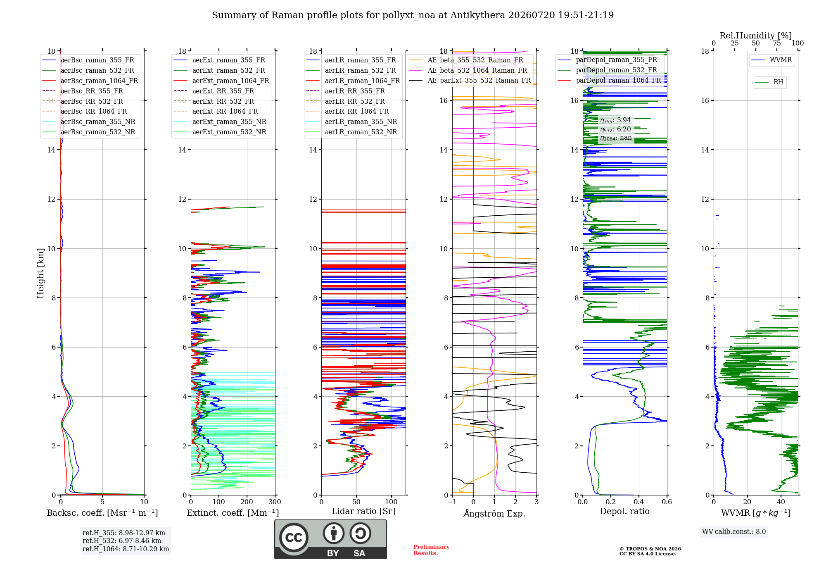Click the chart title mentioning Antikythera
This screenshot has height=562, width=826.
pyautogui.click(x=413, y=15)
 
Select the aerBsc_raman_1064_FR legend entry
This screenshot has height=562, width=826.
pyautogui.click(x=90, y=81)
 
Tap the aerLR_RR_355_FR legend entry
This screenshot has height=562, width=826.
pyautogui.click(x=345, y=91)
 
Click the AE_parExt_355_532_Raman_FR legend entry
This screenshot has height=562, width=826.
pyautogui.click(x=470, y=80)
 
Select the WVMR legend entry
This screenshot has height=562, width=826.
pyautogui.click(x=771, y=60)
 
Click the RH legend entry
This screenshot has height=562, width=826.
pyautogui.click(x=769, y=82)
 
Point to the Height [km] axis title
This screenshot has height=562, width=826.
pyautogui.click(x=40, y=273)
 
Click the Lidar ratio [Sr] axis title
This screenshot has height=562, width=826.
pyautogui.click(x=363, y=511)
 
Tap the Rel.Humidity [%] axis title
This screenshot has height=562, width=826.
pyautogui.click(x=756, y=36)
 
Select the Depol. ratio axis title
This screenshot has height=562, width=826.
pyautogui.click(x=625, y=511)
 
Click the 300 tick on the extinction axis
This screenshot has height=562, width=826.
pyautogui.click(x=275, y=502)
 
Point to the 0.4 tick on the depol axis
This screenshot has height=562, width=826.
pyautogui.click(x=639, y=502)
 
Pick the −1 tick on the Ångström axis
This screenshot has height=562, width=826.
pyautogui.click(x=452, y=502)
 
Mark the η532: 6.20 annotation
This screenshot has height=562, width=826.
pyautogui.click(x=615, y=129)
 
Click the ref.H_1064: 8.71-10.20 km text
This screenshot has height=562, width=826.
pyautogui.click(x=126, y=549)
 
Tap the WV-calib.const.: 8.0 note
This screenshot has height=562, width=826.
pyautogui.click(x=734, y=532)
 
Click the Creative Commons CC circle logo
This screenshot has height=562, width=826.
pyautogui.click(x=294, y=538)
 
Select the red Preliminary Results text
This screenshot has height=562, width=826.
pyautogui.click(x=432, y=550)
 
